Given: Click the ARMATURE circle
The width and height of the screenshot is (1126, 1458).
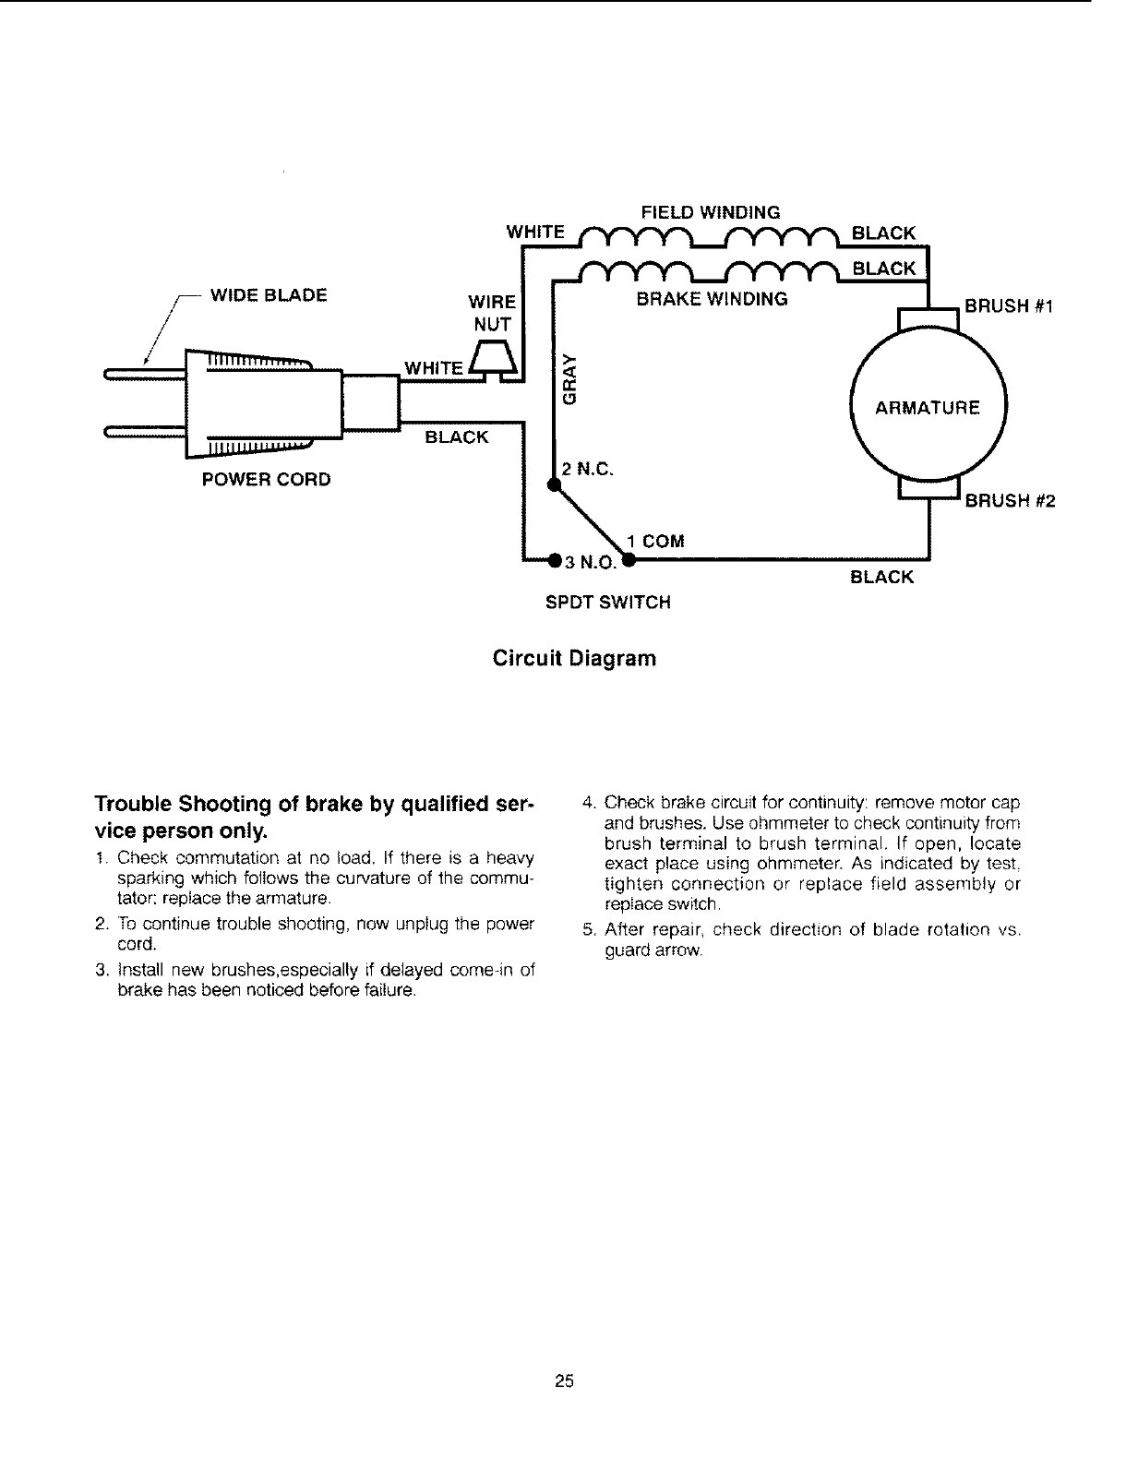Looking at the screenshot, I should (x=928, y=407).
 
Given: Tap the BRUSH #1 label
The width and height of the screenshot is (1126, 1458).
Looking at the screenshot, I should (x=1009, y=306).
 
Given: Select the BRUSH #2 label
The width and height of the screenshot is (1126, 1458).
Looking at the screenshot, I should (x=1009, y=501).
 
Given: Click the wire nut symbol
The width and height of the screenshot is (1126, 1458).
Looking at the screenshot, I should (x=495, y=359).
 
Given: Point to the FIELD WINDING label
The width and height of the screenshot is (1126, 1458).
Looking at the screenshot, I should (x=711, y=212).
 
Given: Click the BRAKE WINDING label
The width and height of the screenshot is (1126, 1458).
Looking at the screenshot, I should (x=711, y=299).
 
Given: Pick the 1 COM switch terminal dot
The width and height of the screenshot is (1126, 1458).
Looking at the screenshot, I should (x=628, y=560).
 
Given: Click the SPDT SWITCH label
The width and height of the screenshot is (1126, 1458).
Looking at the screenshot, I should (x=607, y=603).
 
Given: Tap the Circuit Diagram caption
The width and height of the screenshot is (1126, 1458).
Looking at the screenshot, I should (x=575, y=659).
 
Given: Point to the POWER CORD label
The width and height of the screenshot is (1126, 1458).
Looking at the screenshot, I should (x=266, y=480).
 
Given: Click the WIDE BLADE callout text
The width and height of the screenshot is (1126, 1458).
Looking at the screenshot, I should (x=269, y=295).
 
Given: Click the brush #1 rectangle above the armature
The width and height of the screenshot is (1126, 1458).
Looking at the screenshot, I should (x=928, y=317).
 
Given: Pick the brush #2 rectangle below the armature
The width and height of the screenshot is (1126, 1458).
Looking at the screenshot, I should (x=928, y=490).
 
